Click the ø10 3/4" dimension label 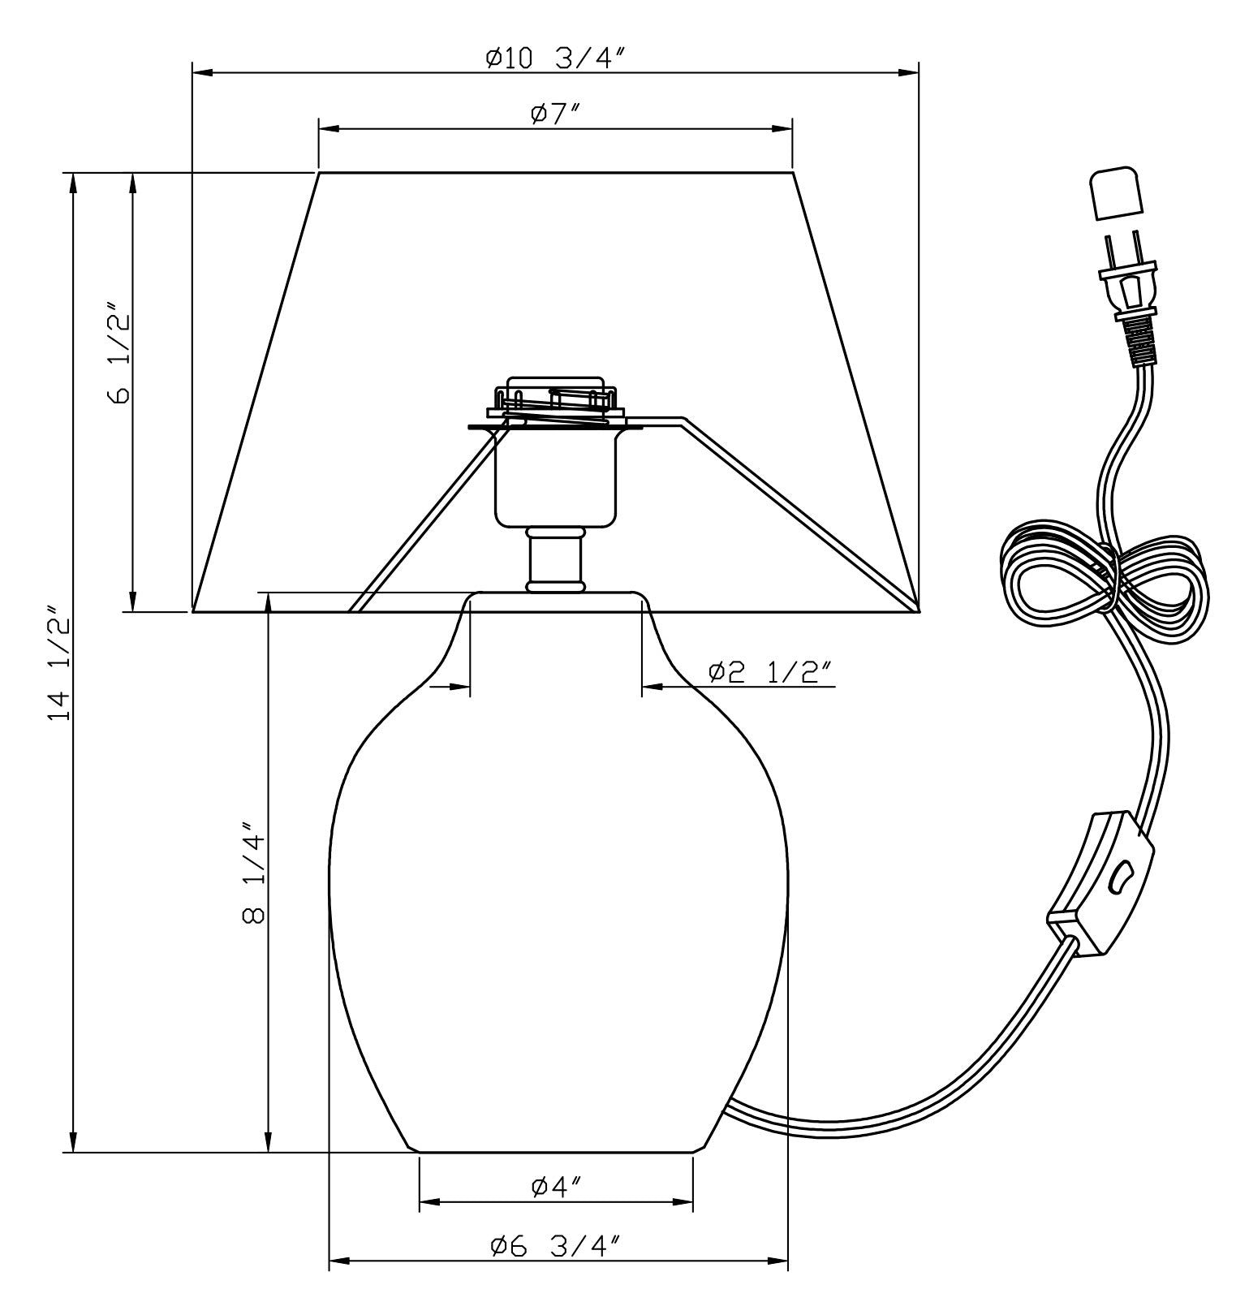coord(556,58)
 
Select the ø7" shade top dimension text coord(556,114)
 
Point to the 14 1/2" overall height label coord(58,662)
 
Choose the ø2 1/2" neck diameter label coord(769,672)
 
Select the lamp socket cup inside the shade coord(556,479)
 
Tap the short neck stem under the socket coord(556,559)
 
